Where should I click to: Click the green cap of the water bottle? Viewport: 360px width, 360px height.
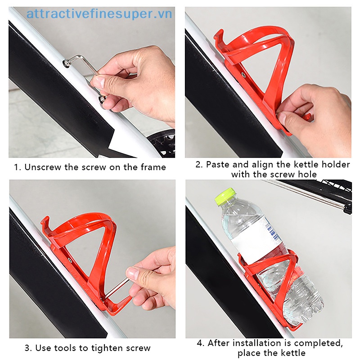pyautogui.click(x=225, y=196)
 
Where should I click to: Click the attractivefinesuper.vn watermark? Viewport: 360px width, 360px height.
pyautogui.click(x=99, y=14)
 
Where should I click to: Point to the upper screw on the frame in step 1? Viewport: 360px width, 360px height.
pyautogui.click(x=67, y=63)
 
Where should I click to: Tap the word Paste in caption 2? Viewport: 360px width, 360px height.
pyautogui.click(x=218, y=164)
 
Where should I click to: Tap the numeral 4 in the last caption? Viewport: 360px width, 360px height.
pyautogui.click(x=200, y=343)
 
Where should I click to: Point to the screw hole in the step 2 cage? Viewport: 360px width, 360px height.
pyautogui.click(x=243, y=75)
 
